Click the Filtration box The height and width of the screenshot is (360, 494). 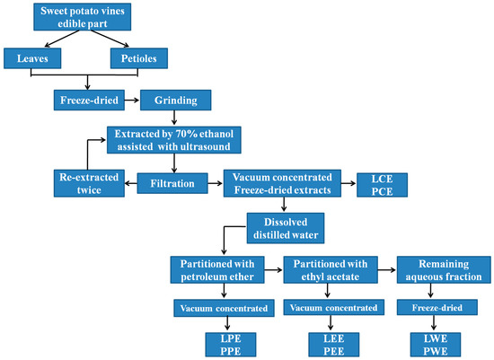click(x=172, y=183)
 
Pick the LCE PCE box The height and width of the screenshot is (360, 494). click(x=382, y=182)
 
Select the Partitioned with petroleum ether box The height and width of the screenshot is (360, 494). click(x=219, y=271)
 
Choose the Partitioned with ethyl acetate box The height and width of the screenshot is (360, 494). click(x=327, y=271)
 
